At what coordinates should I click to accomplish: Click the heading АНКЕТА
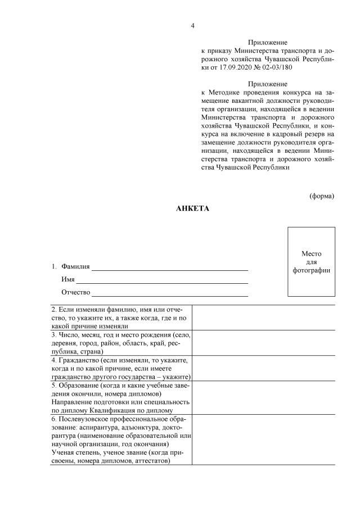coord(192,208)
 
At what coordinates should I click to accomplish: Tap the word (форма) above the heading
coord(322,196)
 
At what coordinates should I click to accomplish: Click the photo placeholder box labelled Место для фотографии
coord(311,262)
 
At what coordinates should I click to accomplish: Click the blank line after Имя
coord(162,279)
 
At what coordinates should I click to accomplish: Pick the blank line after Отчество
coord(170,292)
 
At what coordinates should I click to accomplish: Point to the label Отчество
coord(76,292)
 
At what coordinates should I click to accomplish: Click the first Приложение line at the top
coord(268,42)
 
